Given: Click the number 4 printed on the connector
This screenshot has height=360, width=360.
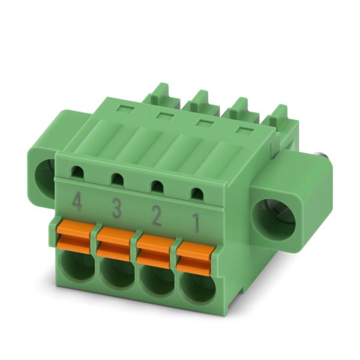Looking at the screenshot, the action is (x=77, y=202).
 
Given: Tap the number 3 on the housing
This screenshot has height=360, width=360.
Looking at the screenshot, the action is (x=116, y=209).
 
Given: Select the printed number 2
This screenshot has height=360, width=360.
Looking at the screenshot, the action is (x=157, y=216).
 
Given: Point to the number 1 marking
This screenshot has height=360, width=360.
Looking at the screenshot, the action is (x=196, y=223).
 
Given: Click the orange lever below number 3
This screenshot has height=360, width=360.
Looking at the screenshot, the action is (x=115, y=244).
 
